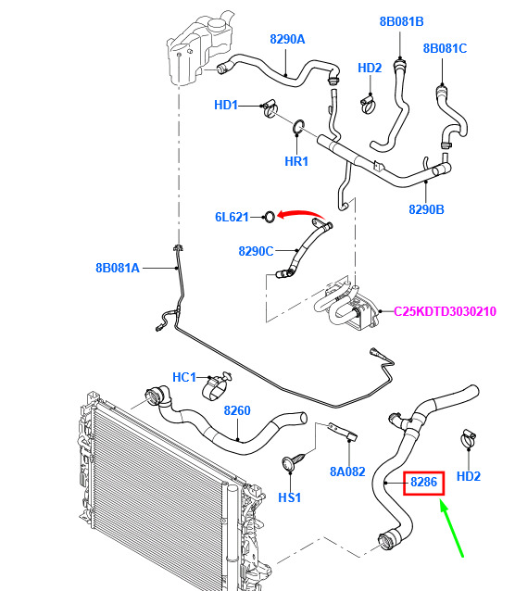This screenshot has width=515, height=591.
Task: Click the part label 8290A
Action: tap(287, 39)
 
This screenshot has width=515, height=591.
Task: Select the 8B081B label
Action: tap(401, 21)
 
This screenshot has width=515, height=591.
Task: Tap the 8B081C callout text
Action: tap(445, 48)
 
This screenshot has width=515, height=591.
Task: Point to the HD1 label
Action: tap(226, 105)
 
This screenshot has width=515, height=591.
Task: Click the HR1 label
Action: tap(296, 161)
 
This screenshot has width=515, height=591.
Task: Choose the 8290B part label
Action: tap(426, 209)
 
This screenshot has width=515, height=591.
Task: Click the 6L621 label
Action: tap(232, 217)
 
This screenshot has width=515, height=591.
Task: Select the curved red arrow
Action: tap(300, 213)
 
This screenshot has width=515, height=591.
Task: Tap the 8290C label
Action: tap(256, 251)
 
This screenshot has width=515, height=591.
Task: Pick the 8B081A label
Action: tap(118, 268)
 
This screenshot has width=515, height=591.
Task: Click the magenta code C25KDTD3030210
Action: tap(445, 311)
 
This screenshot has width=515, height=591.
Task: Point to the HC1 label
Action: tap(184, 377)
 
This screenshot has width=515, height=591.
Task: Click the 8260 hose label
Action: tap(237, 410)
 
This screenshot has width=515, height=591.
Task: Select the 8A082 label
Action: tap(347, 472)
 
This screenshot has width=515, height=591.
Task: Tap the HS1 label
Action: tap(290, 497)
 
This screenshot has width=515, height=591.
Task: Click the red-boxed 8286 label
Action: tap(423, 482)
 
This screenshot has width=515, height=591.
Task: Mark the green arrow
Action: tap(452, 528)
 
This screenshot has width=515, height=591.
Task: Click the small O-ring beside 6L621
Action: tap(270, 217)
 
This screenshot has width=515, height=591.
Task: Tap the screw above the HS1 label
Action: tap(295, 461)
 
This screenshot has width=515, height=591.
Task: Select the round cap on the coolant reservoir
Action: tap(217, 24)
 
